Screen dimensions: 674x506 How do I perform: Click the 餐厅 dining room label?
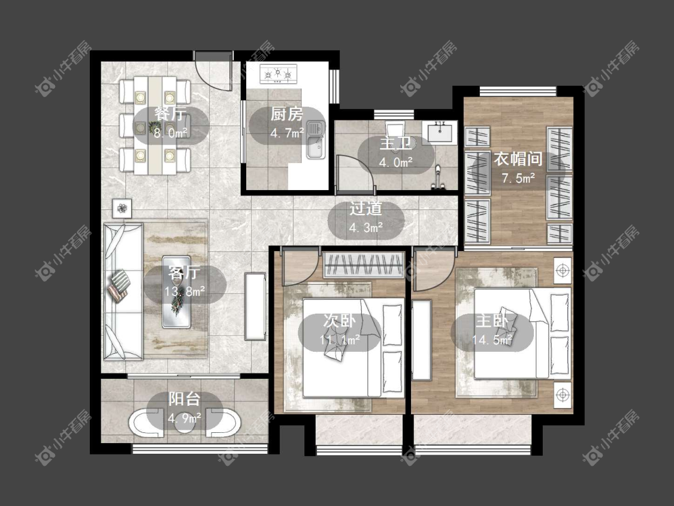click(171, 114)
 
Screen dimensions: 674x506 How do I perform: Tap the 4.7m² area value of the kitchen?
click(287, 133)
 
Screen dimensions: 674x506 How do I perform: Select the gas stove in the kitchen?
click(279, 73)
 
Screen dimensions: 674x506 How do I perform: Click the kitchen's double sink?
click(316, 140)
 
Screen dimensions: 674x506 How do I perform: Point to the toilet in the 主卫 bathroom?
click(395, 130)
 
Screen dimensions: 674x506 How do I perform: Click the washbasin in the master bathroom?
click(439, 131)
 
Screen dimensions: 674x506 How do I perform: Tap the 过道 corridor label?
click(365, 209)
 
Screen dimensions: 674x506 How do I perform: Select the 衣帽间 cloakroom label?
click(518, 159)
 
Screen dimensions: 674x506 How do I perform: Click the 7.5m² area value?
click(518, 177)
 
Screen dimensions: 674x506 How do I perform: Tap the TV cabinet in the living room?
click(255, 306)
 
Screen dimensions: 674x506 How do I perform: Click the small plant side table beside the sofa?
click(122, 209)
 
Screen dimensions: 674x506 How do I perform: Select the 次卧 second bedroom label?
click(340, 321)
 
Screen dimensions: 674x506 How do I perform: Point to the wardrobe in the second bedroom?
click(364, 265)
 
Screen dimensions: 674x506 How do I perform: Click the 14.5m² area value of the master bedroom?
click(492, 340)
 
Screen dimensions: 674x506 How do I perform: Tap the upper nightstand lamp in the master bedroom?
click(562, 270)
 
